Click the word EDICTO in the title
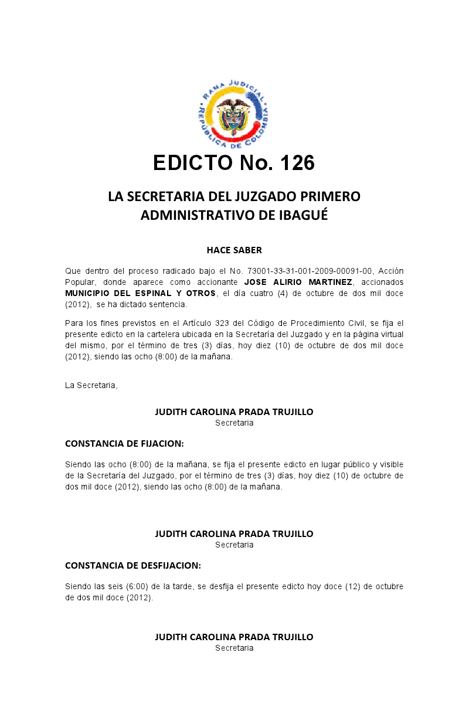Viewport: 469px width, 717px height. click(192, 163)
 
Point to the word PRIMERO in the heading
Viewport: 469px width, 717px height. click(331, 196)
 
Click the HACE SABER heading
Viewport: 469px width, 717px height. click(234, 250)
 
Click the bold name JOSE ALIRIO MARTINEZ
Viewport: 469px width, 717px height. click(298, 282)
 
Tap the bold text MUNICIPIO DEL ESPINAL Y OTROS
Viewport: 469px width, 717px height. click(141, 293)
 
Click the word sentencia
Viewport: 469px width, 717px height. click(168, 304)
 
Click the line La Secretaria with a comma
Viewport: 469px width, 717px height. click(91, 385)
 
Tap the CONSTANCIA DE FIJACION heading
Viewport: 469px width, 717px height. click(124, 443)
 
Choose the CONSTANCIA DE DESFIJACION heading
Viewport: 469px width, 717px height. click(133, 566)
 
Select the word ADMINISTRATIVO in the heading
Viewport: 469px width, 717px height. click(198, 215)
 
